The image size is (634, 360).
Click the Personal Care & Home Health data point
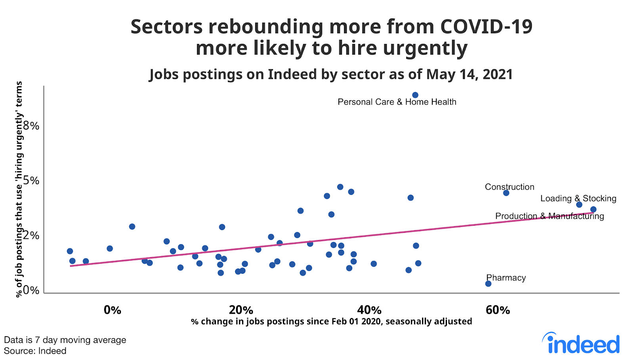415,95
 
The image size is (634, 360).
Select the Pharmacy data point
488,284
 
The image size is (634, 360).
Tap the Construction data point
506,193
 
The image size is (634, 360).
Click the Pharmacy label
506,278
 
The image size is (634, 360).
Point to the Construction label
510,187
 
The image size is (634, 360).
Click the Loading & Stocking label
578,198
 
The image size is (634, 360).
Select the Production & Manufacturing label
550,216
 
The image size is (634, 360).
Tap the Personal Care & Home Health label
397,102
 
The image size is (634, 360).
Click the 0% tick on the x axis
112,310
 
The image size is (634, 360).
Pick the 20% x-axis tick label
241,310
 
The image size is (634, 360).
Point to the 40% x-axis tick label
369,310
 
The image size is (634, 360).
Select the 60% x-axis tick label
498,310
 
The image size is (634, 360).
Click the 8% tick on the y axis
31,126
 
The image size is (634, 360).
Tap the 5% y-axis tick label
31,181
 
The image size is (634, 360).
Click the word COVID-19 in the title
486,27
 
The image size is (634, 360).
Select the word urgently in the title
425,48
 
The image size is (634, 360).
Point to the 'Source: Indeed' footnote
35,351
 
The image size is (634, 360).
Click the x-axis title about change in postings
331,321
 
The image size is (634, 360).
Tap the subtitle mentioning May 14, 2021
331,74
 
